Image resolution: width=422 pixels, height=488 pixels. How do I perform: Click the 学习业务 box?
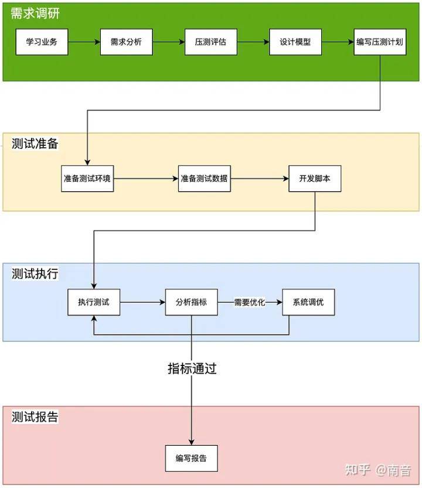(42, 42)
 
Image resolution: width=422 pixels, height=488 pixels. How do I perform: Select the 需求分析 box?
(126, 42)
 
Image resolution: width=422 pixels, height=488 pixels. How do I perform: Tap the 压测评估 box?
(210, 42)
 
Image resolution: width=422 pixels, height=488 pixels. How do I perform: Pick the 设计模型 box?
(295, 42)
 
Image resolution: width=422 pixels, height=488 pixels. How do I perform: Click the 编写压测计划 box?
(380, 42)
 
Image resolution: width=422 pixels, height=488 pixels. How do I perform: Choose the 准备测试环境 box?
(87, 178)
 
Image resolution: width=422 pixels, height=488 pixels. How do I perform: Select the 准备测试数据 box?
(204, 178)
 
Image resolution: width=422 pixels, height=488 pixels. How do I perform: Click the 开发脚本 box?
(315, 178)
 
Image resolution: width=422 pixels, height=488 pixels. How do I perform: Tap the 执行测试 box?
(94, 303)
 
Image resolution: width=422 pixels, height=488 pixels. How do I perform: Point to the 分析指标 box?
(191, 303)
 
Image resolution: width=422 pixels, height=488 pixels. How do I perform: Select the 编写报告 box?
(191, 458)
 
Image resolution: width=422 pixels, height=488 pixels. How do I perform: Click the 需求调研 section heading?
(35, 13)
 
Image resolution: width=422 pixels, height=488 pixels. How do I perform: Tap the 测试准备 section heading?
(35, 144)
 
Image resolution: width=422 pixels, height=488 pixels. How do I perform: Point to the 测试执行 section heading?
(35, 274)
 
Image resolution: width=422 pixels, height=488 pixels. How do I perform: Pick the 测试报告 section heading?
(35, 417)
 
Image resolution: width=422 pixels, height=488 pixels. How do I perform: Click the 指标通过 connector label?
(192, 368)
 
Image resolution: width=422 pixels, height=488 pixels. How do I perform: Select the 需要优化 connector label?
(250, 303)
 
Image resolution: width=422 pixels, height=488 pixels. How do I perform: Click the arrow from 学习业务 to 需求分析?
(84, 42)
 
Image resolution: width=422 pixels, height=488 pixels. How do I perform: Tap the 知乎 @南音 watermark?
(378, 470)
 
